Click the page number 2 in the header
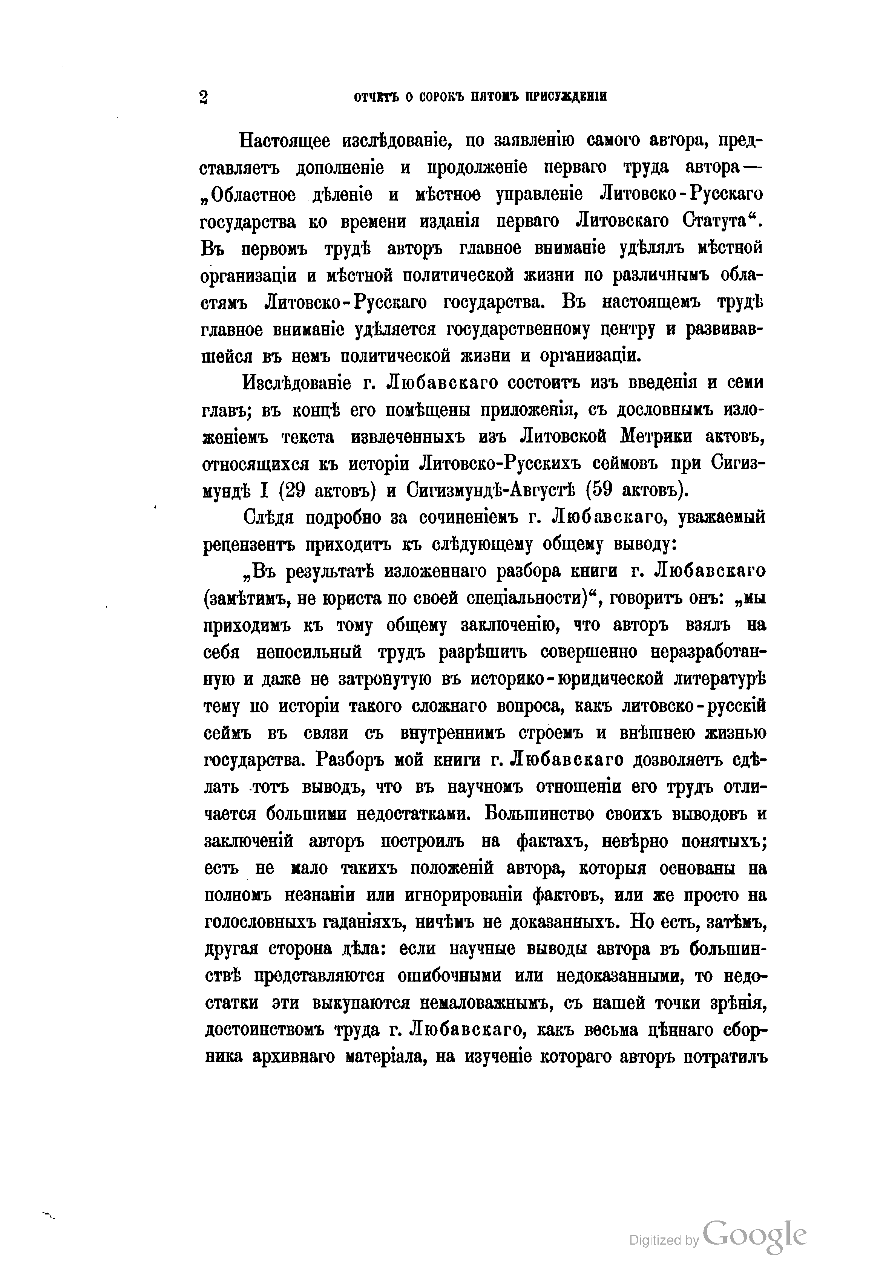tap(203, 97)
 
